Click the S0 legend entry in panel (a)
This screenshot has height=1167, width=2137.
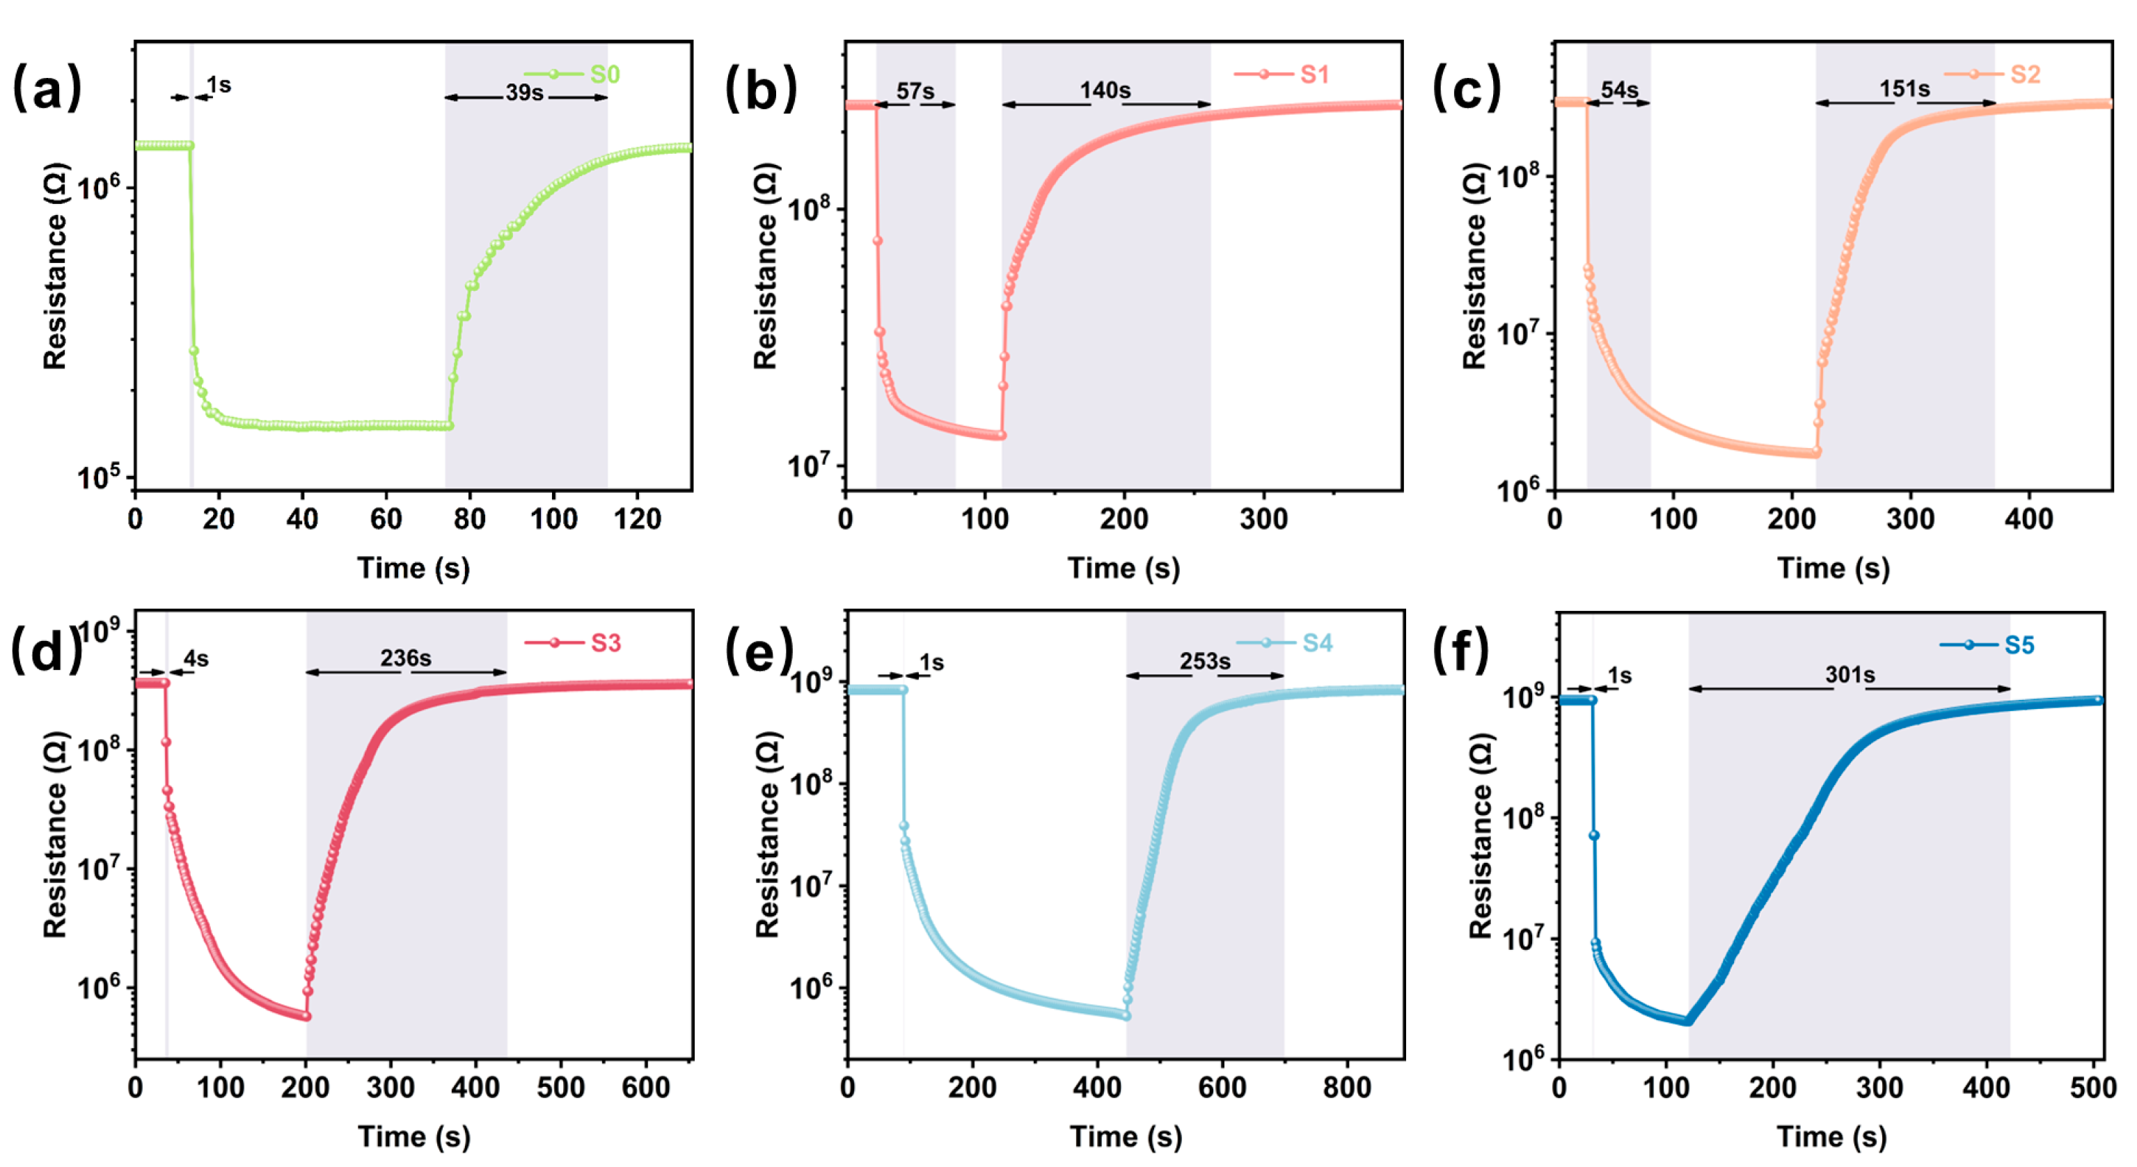[x=604, y=74]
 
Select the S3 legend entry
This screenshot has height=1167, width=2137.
[x=605, y=644]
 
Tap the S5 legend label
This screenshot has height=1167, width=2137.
[x=2019, y=645]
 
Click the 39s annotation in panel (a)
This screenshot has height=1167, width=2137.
[x=524, y=92]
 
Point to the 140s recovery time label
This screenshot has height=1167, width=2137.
[x=1104, y=90]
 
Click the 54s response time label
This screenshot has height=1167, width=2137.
[x=1618, y=90]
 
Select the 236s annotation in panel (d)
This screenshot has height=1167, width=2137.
[x=406, y=658]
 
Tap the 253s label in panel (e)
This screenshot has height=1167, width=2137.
[x=1204, y=662]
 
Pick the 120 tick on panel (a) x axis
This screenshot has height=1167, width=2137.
[x=637, y=520]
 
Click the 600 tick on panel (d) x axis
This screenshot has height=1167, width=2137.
[x=645, y=1088]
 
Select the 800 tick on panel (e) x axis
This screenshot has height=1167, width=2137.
[x=1346, y=1088]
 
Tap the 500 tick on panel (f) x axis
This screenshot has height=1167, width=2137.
[x=2092, y=1088]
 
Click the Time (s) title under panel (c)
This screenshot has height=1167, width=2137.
[x=1833, y=569]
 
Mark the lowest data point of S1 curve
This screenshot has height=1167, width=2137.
[x=1000, y=436]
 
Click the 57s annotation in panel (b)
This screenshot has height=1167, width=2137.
[x=915, y=91]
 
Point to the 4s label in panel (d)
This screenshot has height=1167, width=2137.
[x=196, y=660]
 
